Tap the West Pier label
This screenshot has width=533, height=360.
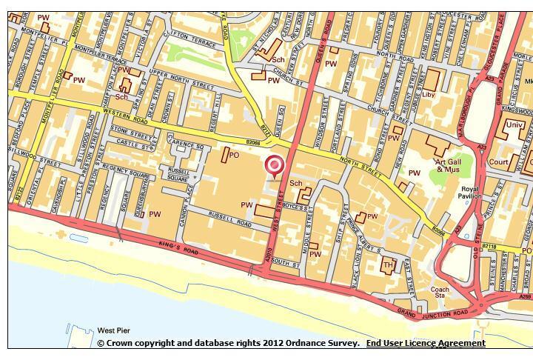coord(115,330)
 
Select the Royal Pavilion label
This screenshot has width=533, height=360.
coord(470,192)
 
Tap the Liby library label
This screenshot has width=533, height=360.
coord(429,95)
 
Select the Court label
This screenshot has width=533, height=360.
coord(498,161)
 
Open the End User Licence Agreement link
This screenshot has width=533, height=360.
coord(426,344)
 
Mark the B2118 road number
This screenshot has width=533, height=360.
coord(489,246)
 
